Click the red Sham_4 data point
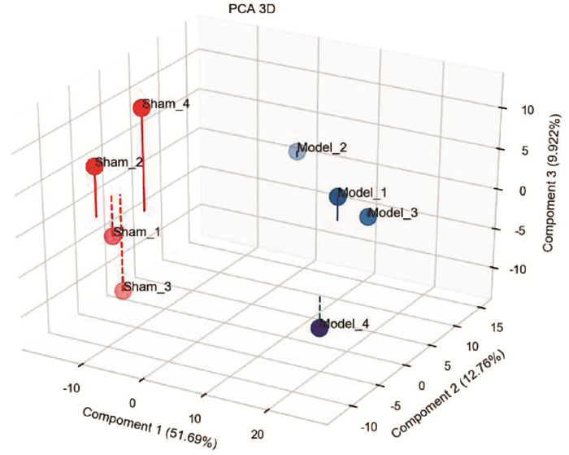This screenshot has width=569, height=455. point(141,108)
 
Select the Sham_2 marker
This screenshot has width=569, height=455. point(94,167)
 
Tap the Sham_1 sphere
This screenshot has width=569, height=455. point(113,237)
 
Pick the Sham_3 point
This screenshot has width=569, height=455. point(123,291)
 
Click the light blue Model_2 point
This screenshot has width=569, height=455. point(297,151)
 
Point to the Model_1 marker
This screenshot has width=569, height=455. point(338,197)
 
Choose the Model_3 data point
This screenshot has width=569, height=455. point(367,217)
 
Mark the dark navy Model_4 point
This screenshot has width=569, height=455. point(319,328)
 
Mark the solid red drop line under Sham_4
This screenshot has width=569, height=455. point(144,163)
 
